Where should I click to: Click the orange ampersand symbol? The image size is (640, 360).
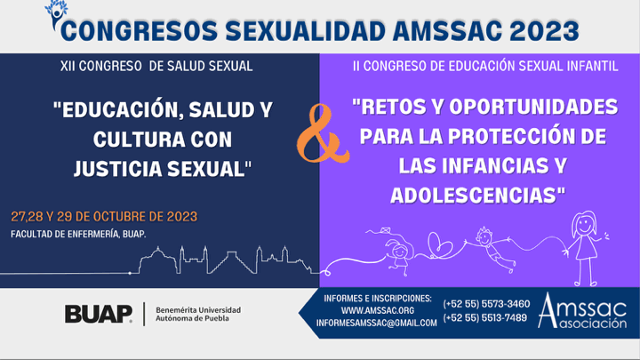click(323, 135)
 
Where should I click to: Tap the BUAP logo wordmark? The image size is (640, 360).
click(99, 314)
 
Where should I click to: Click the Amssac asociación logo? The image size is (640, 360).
click(582, 311)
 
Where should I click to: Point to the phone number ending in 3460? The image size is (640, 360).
click(486, 304)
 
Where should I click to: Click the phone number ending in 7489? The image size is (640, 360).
click(485, 317)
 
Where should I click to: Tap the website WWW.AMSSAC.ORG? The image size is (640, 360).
click(378, 310)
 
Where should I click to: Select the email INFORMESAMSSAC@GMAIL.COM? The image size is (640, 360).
click(376, 323)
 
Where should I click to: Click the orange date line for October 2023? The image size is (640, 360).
click(104, 216)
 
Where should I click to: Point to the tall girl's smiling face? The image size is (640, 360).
click(585, 224)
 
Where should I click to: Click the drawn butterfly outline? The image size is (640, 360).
click(439, 244)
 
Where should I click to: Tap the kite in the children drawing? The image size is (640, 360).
click(385, 231)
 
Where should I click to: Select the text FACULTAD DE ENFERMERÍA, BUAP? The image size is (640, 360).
click(78, 235)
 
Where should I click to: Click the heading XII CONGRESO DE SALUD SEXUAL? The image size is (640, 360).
click(156, 66)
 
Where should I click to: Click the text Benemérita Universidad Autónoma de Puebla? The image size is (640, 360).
click(198, 315)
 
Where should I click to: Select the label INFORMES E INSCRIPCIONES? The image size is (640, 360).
click(378, 299)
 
